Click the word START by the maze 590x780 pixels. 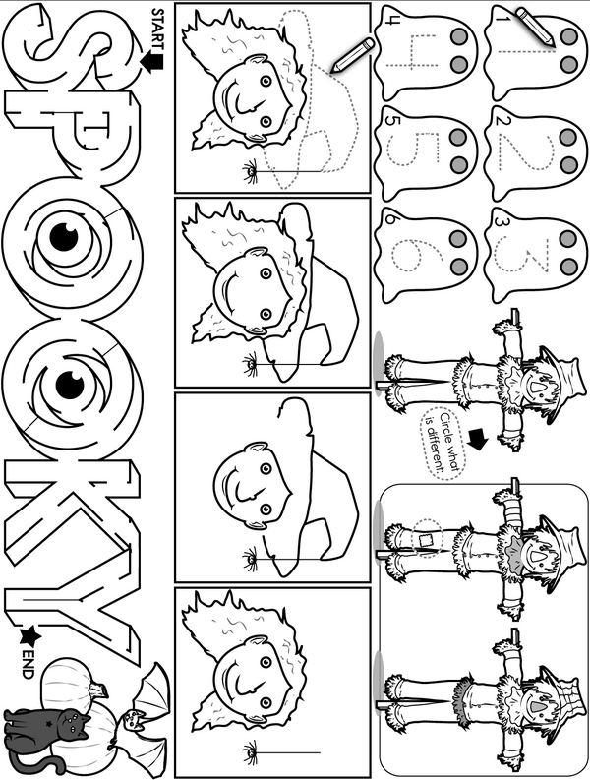[x=157, y=29]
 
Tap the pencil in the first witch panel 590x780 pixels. [x=352, y=56]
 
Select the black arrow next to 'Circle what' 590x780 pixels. [x=478, y=441]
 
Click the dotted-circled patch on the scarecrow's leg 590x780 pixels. [x=427, y=539]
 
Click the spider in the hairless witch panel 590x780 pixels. [x=250, y=559]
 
